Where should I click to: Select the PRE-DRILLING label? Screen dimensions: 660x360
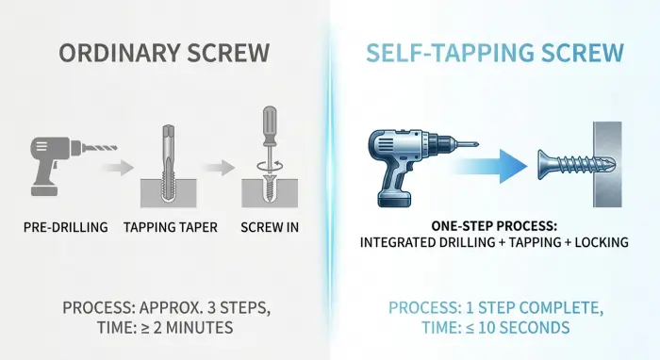[66, 227]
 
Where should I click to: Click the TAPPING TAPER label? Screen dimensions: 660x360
[171, 227]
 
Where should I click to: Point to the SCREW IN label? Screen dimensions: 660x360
[270, 227]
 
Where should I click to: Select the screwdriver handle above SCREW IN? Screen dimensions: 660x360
[270, 122]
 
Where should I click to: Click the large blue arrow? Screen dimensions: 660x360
[491, 167]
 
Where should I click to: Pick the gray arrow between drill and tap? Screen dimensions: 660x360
[118, 168]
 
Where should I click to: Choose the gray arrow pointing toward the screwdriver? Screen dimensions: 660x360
[218, 168]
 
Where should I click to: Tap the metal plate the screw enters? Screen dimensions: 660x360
[607, 164]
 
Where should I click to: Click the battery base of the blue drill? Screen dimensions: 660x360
[394, 200]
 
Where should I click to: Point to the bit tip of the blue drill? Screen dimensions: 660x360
[476, 145]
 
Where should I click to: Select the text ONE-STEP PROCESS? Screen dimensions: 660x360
[494, 226]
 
